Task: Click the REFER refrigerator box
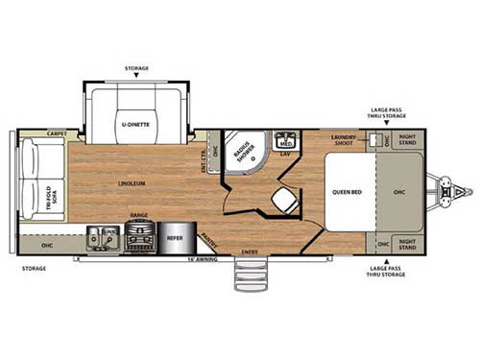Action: [175, 233]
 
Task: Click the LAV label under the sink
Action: [286, 154]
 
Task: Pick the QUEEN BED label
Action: [346, 191]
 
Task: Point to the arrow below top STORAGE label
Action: [136, 77]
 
